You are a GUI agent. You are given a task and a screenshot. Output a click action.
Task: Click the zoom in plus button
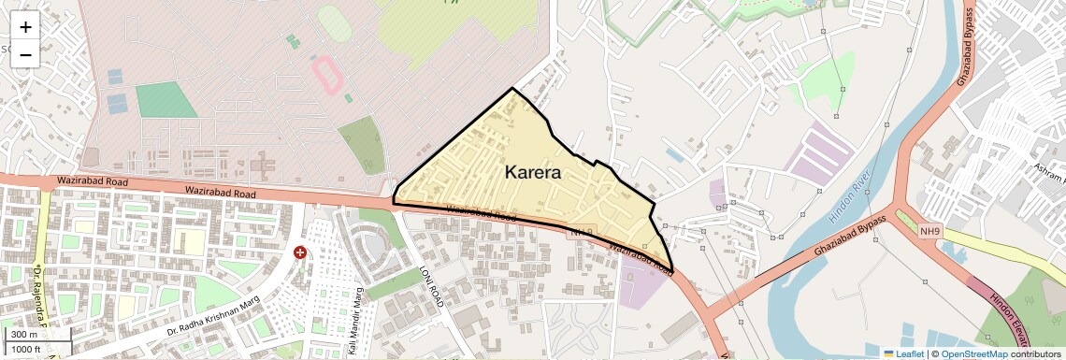point(25,27)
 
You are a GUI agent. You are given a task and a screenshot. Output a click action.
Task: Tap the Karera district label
point(532,172)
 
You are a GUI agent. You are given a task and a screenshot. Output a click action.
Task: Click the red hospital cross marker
point(300,252)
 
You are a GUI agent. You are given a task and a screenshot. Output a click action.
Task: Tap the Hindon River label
point(849,197)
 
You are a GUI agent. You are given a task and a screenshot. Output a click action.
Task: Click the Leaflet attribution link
point(903,353)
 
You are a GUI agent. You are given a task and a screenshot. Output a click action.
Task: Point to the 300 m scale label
point(24,335)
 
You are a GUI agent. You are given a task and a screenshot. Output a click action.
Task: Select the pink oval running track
point(326,71)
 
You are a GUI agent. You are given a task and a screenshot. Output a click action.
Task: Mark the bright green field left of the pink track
point(166,100)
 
